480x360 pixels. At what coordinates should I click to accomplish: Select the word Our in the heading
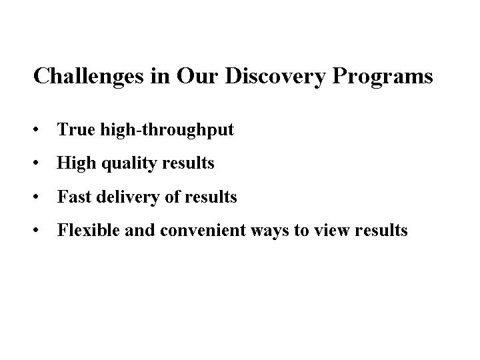tap(197, 75)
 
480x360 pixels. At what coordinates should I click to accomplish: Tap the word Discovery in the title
tap(275, 77)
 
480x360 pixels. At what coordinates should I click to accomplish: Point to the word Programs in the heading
tap(383, 77)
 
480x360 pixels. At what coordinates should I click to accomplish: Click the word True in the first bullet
tap(76, 129)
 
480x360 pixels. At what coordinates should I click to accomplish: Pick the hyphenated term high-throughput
tap(167, 130)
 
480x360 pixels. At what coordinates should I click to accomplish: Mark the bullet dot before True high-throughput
tap(36, 129)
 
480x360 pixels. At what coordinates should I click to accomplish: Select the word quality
tap(129, 164)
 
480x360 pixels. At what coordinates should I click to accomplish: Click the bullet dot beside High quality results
tap(36, 163)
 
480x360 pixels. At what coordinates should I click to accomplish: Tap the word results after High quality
tap(188, 163)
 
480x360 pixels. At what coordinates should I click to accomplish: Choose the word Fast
tap(74, 197)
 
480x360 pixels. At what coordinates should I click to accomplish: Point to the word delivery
tap(128, 197)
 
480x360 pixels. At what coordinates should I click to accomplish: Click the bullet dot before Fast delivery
tap(36, 197)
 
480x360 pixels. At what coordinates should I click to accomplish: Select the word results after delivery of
tap(211, 197)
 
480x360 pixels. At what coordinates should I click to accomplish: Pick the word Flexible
tap(88, 230)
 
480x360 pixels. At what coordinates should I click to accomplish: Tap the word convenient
tap(203, 230)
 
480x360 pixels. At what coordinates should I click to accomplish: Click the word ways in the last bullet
tap(270, 232)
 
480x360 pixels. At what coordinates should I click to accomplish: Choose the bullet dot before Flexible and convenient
tap(36, 230)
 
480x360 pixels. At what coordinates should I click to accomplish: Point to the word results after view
tap(381, 230)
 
